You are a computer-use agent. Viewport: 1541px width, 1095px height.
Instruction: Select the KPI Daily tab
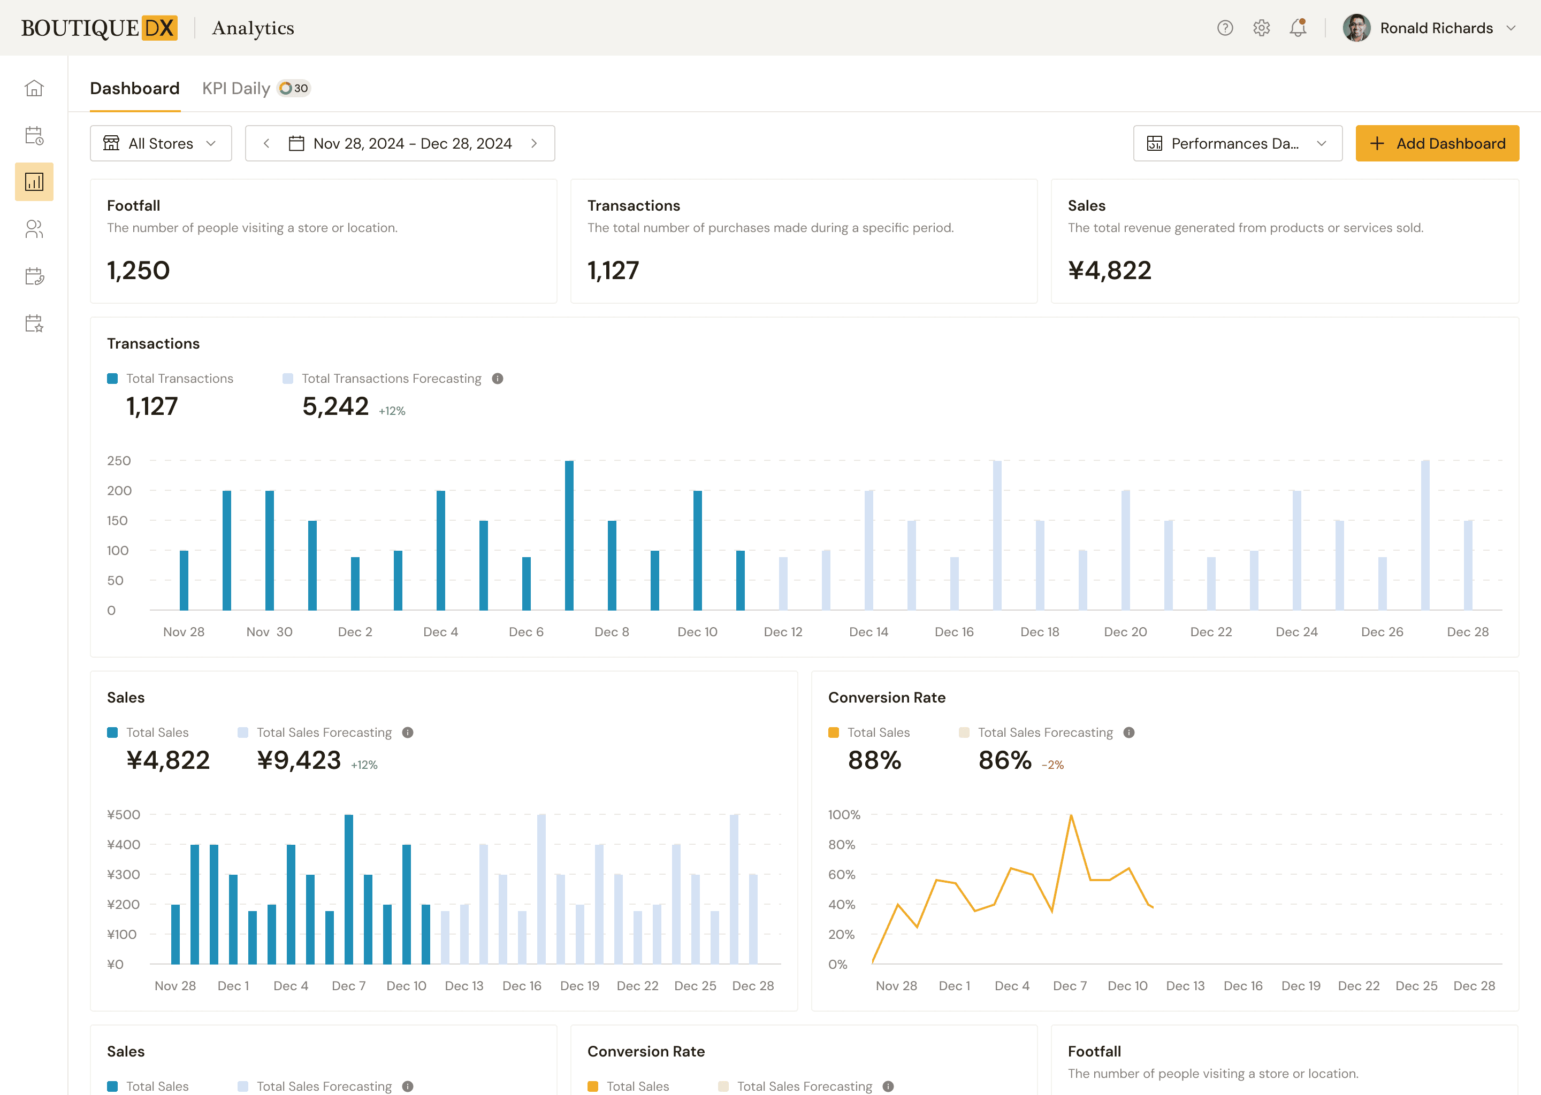(236, 88)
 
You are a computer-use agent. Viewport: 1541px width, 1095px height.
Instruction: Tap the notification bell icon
(1298, 28)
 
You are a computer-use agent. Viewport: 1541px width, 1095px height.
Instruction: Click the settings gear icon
(1261, 28)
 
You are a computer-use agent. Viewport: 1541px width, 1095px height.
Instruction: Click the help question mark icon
(1225, 28)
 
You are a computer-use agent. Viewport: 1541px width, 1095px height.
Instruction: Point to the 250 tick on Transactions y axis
(119, 460)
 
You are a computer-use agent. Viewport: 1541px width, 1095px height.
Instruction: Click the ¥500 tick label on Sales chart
(124, 814)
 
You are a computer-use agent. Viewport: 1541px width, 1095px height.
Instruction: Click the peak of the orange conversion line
(1071, 816)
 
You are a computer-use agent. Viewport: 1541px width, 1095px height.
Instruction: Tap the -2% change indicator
(1052, 765)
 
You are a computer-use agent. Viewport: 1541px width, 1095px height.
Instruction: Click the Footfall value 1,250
(138, 271)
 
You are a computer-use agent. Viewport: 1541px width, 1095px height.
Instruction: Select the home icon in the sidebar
(34, 88)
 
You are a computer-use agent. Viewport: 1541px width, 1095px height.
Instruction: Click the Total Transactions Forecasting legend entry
(391, 378)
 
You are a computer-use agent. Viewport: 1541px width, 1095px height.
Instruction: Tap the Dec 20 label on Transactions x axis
(1125, 632)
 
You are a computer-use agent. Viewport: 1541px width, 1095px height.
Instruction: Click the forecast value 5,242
(335, 406)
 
